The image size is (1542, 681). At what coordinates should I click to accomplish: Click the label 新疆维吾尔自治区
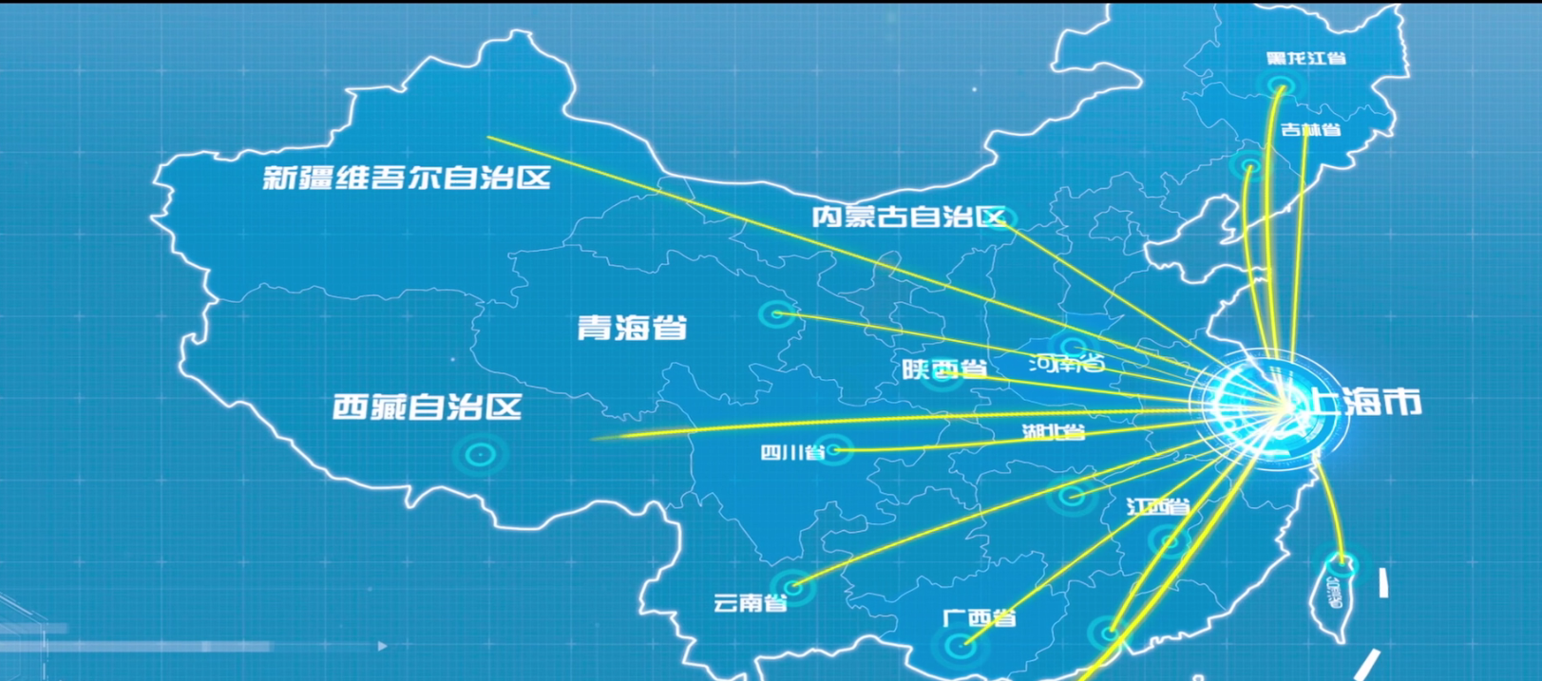point(407,178)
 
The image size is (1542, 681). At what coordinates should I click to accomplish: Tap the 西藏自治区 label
point(428,407)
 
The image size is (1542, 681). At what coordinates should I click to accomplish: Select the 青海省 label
point(632,328)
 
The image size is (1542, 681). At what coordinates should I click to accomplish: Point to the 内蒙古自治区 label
point(907,217)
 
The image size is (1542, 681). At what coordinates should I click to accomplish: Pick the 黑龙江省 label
point(1306,59)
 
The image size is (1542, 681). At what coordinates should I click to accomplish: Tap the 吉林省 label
point(1311,129)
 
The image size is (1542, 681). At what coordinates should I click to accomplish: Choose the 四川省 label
point(792,452)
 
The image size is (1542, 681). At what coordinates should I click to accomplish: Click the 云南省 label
point(750,603)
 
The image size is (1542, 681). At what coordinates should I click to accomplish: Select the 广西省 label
point(980,618)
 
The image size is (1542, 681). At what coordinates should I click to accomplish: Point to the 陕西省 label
point(944,369)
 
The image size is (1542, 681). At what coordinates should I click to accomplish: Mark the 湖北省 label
point(1053,432)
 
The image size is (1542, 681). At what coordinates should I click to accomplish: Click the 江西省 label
point(1158,506)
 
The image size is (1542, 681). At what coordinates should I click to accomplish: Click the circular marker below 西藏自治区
point(480,455)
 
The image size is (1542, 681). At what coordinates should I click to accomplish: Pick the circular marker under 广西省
point(960,647)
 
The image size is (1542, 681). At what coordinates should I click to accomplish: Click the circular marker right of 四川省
point(834,449)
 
